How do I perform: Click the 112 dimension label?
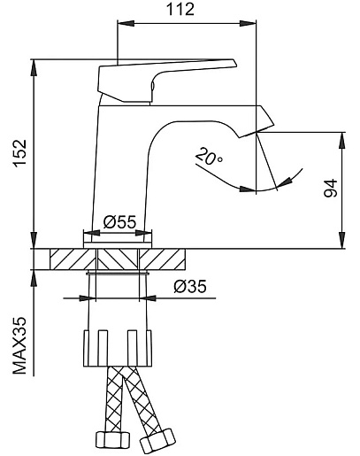pos(180,9)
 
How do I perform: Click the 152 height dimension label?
pos(21,153)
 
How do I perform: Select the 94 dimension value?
pos(330,188)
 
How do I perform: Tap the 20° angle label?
pos(209,157)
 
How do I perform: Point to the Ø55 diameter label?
pos(119,221)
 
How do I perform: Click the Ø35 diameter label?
pos(190,286)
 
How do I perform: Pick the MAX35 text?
pos(19,345)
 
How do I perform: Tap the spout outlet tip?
pos(256,131)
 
